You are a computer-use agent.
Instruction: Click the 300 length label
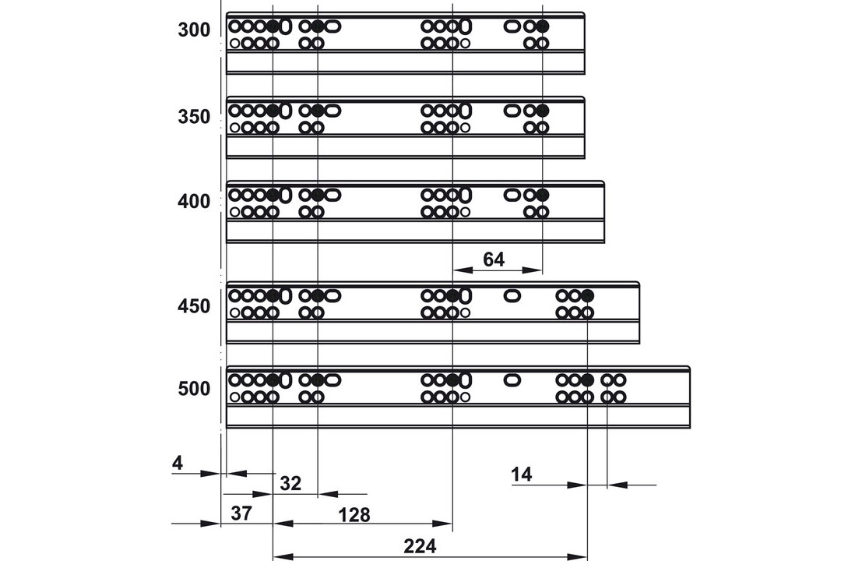194,30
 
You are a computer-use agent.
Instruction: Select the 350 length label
194,117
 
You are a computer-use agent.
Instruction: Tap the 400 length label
194,201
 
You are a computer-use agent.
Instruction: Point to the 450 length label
194,306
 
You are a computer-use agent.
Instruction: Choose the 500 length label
194,388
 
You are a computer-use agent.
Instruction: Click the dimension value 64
494,259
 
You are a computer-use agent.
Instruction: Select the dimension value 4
178,462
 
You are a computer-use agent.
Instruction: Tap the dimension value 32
290,483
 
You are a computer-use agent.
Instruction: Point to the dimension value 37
241,513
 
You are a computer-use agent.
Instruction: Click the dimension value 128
354,515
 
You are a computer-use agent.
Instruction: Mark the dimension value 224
420,546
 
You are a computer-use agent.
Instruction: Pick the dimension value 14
521,475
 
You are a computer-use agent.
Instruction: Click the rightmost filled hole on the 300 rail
542,26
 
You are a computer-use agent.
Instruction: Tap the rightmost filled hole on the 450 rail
587,295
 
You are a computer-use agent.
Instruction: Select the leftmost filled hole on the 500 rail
273,380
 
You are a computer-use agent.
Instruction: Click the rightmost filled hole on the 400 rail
542,194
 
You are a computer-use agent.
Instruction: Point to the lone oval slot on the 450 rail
512,295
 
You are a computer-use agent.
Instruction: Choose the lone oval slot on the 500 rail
512,380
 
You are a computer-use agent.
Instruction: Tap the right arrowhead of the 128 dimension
443,524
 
